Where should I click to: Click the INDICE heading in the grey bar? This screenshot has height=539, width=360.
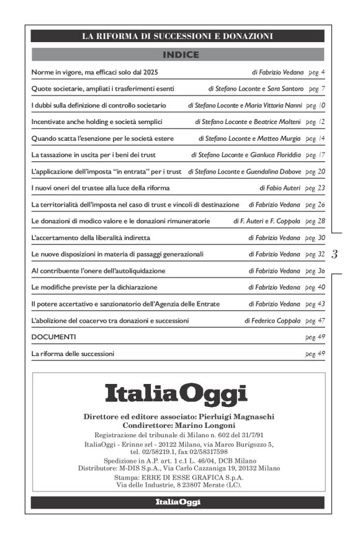180,55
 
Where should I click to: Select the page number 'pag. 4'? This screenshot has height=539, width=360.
315,73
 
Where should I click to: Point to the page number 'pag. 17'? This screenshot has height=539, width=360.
315,153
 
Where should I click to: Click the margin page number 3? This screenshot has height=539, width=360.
335,254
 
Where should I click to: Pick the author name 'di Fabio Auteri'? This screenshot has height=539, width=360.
280,187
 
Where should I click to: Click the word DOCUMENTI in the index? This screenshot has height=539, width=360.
53,337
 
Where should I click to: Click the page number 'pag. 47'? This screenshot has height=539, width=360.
315,321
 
